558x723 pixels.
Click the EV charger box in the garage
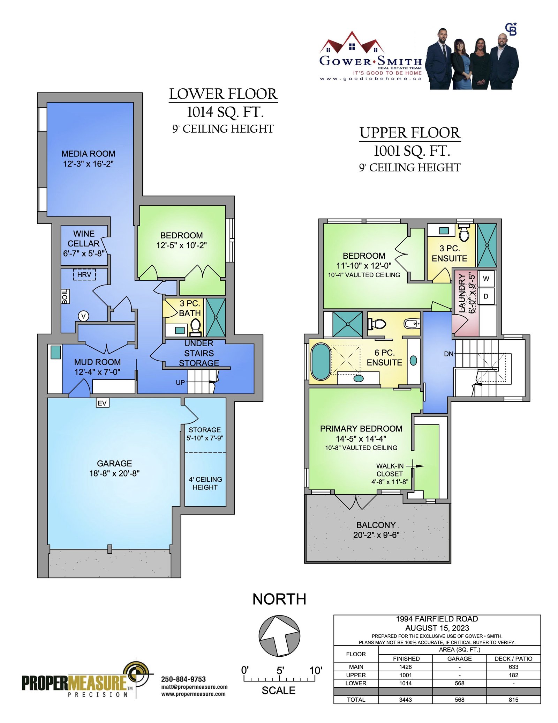(x=103, y=403)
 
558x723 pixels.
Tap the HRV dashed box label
(x=84, y=274)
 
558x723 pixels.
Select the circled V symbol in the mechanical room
(x=83, y=316)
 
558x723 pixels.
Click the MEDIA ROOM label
(x=88, y=154)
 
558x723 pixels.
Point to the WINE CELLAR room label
(x=84, y=238)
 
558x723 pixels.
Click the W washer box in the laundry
(x=486, y=279)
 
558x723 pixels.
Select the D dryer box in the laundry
(x=486, y=296)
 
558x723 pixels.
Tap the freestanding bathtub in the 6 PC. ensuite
(x=321, y=362)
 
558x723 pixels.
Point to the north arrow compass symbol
(x=279, y=636)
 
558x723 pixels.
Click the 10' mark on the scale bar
(x=316, y=670)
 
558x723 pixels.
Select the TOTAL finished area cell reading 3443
(x=406, y=700)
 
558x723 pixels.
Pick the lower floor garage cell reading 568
(x=460, y=683)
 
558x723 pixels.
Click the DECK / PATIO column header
(x=513, y=658)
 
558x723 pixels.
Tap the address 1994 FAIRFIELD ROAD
(x=437, y=619)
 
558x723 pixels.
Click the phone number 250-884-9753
(x=183, y=679)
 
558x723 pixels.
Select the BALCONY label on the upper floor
(x=376, y=525)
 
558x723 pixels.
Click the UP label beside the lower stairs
(x=180, y=383)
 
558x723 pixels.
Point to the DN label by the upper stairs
(x=449, y=354)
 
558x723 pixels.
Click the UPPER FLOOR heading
(x=410, y=133)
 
